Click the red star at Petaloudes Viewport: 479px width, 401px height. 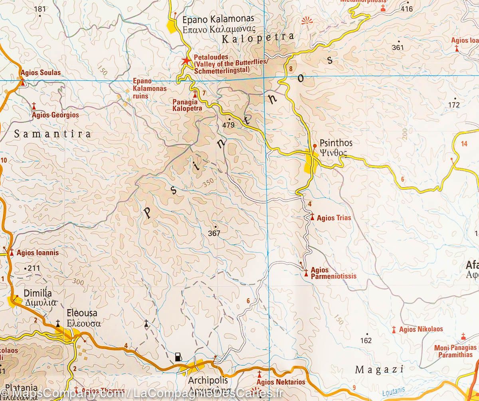[x=186, y=61]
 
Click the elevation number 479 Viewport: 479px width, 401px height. [x=229, y=125]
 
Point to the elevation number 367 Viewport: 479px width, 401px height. [x=214, y=234]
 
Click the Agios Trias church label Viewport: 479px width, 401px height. [x=328, y=218]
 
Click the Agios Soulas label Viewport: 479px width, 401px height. [x=40, y=73]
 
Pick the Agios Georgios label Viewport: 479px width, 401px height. [x=55, y=115]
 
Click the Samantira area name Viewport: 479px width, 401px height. [x=52, y=134]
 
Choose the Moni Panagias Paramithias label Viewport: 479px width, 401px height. [x=455, y=351]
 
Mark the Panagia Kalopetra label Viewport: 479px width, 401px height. [x=186, y=105]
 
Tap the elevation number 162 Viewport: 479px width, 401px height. [x=366, y=341]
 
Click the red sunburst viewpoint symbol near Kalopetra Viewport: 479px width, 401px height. [x=307, y=21]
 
